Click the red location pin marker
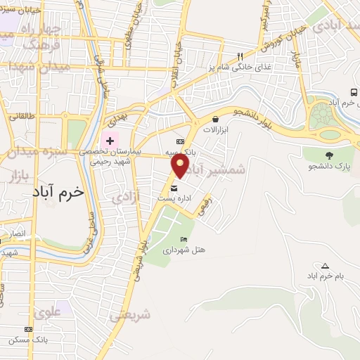click(181, 165)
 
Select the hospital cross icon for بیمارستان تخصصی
click(110, 141)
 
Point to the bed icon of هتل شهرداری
click(184, 239)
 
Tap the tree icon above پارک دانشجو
click(329, 155)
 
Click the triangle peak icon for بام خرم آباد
click(325, 265)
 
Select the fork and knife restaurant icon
click(240, 56)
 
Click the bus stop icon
click(353, 91)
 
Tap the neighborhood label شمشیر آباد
click(215, 169)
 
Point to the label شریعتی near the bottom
click(130, 316)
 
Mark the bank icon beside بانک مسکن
click(28, 328)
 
